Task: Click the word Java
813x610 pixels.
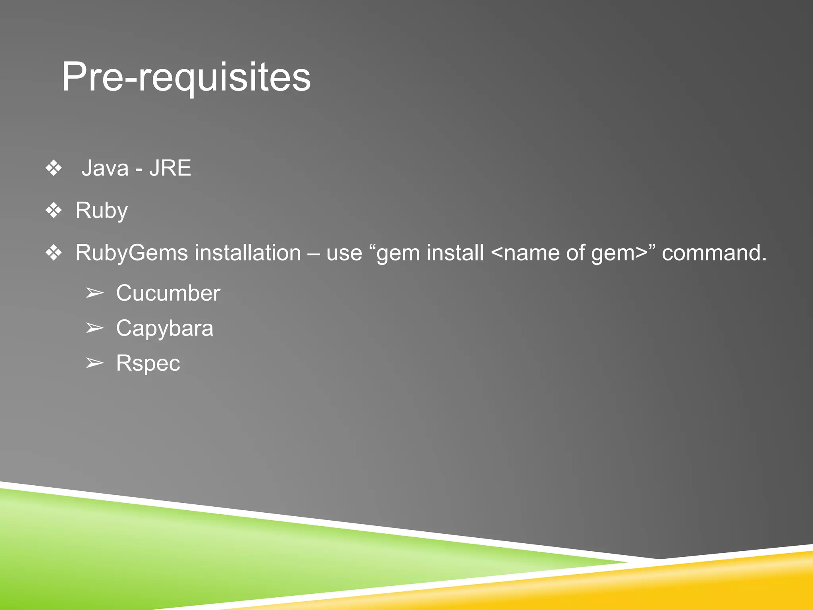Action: pyautogui.click(x=105, y=168)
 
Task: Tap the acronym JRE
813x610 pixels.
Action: pyautogui.click(x=170, y=168)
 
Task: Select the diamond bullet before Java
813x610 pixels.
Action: pyautogui.click(x=54, y=168)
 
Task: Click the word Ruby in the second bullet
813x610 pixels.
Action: pyautogui.click(x=101, y=210)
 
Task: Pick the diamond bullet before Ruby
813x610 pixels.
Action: pyautogui.click(x=54, y=210)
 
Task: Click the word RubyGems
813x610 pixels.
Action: pyautogui.click(x=131, y=253)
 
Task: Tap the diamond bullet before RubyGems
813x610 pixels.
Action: pyautogui.click(x=54, y=253)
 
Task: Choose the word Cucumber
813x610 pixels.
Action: pyautogui.click(x=168, y=293)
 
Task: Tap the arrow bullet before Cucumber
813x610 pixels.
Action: pyautogui.click(x=94, y=293)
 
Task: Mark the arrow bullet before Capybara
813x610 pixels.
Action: pyautogui.click(x=94, y=328)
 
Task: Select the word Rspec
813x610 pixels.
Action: pyautogui.click(x=148, y=363)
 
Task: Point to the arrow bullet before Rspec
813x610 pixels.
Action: pyautogui.click(x=94, y=363)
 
